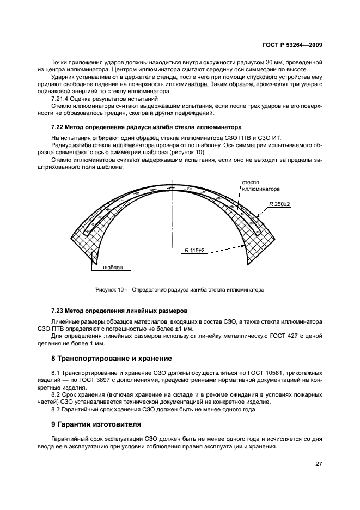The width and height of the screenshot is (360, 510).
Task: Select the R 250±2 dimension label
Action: [280, 204]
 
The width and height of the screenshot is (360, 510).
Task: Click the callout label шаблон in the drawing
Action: [112, 268]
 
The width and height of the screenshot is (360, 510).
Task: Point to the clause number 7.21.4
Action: [60, 99]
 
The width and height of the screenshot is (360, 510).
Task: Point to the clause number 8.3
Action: [56, 409]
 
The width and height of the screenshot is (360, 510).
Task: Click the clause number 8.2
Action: [56, 394]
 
